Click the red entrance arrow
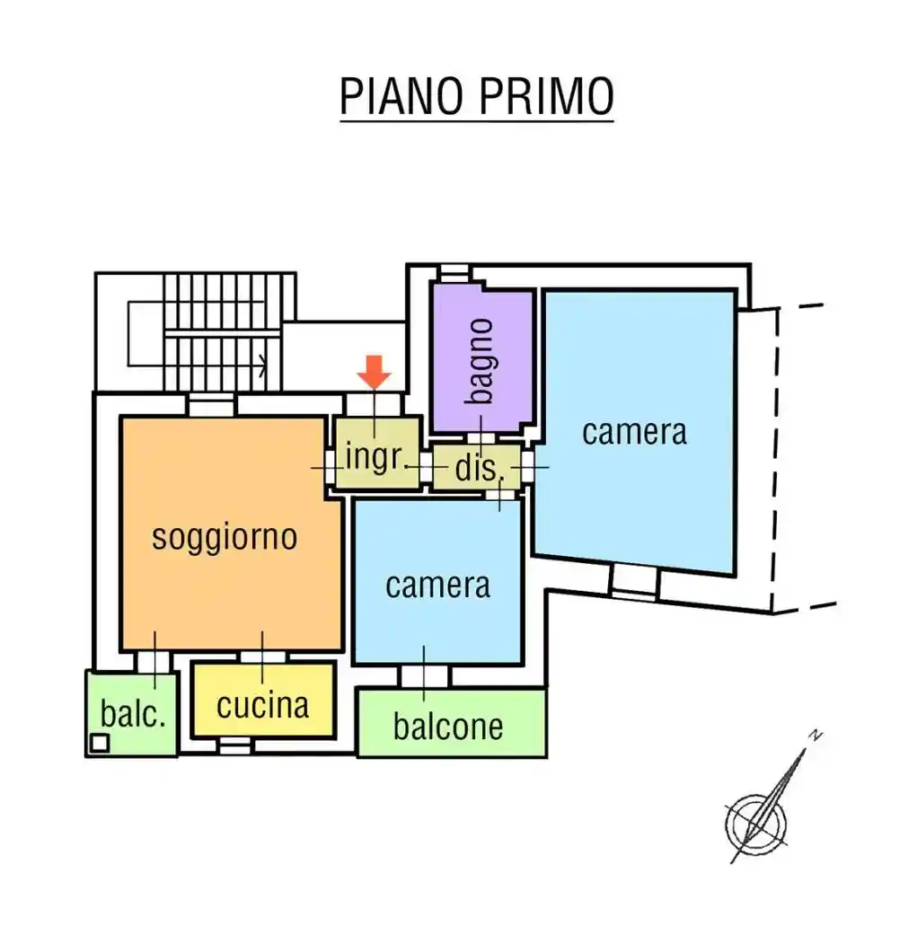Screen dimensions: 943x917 coord(375,371)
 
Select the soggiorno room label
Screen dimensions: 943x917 coord(224,536)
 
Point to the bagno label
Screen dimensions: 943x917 coord(481,360)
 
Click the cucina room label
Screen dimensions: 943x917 coord(262,705)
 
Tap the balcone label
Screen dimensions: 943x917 coord(447,726)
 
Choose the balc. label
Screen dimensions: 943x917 coord(134,715)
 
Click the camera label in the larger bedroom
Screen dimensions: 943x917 coord(634,431)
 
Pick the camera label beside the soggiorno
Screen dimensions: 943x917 coord(437,585)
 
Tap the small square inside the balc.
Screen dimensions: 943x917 coord(101,743)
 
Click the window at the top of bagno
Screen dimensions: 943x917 coord(454,272)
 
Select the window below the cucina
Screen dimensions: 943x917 coord(235,745)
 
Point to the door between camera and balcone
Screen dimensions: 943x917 coord(424,676)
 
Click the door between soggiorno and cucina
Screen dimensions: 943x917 coord(262,657)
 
